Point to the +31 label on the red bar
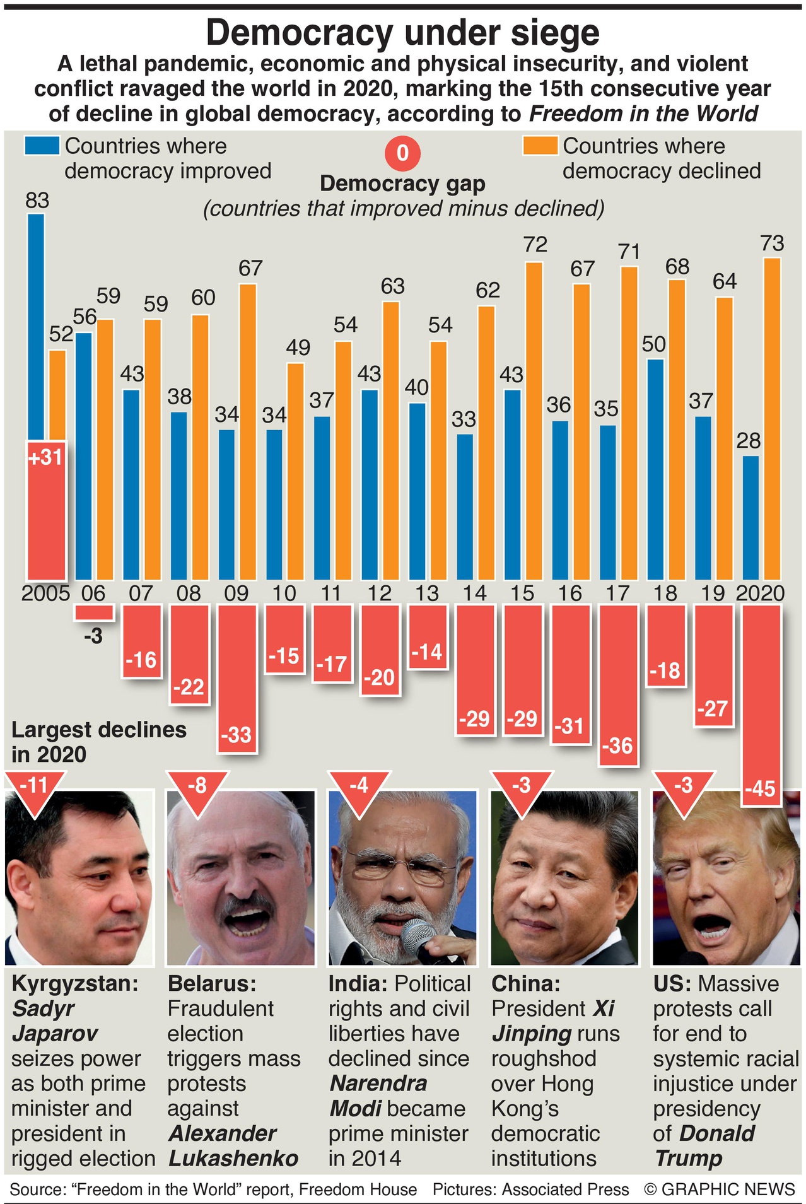(45, 457)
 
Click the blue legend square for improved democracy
(43, 146)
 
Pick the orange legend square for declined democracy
(540, 146)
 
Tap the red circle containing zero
(402, 153)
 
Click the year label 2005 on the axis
(45, 593)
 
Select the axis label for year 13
(427, 593)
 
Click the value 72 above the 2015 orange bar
(535, 244)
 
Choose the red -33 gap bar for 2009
(237, 678)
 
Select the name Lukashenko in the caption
(233, 1159)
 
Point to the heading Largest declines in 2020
(99, 742)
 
